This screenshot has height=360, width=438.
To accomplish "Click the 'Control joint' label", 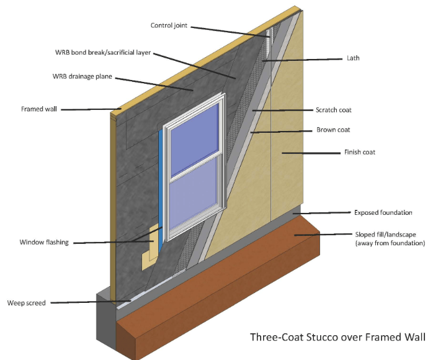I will (x=169, y=25).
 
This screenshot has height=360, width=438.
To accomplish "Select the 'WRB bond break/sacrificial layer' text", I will (x=102, y=53).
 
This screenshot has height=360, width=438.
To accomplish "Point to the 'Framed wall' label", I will (x=38, y=109).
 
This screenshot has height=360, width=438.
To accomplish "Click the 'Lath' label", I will (x=352, y=58).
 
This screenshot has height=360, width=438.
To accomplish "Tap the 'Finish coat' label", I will (x=359, y=152).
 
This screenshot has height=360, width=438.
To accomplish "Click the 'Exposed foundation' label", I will (x=383, y=212).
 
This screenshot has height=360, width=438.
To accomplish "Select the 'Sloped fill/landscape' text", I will (x=388, y=235).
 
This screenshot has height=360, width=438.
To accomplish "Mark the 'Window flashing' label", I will (x=44, y=242).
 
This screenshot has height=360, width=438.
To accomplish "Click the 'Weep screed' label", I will (x=26, y=303).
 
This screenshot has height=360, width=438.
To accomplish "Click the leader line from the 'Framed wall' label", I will (x=86, y=109).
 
